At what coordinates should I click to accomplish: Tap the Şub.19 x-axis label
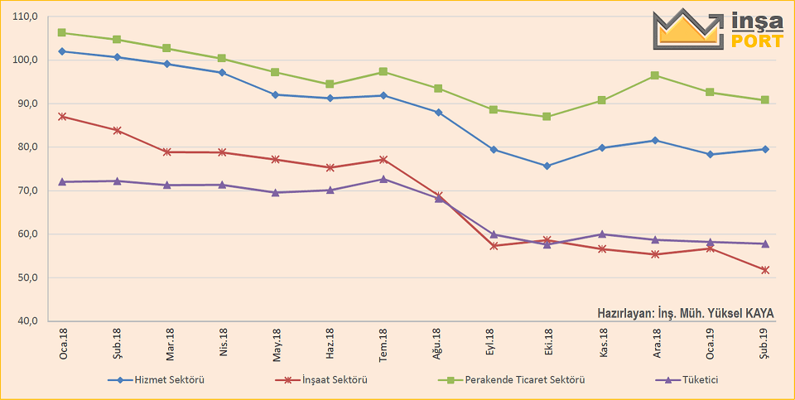[x=764, y=342]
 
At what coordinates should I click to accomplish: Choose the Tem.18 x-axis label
[x=383, y=342]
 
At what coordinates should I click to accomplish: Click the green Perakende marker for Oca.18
[x=63, y=33]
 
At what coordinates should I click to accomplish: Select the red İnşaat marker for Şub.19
[x=764, y=270]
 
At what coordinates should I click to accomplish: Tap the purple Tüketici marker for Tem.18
[x=383, y=179]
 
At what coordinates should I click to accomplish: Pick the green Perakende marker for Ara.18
[x=655, y=75]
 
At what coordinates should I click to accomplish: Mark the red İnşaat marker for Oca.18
[x=63, y=117]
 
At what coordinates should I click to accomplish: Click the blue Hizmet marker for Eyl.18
[x=494, y=150]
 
